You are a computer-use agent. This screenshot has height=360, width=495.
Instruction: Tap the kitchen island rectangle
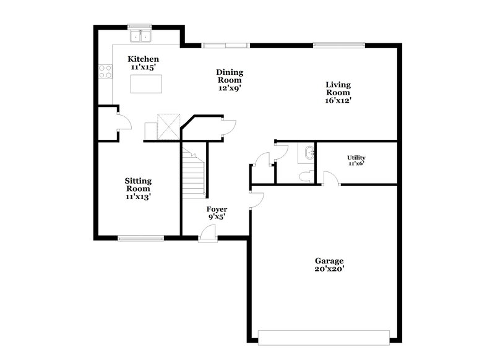tap(147, 84)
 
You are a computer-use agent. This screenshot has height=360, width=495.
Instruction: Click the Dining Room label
tap(229, 80)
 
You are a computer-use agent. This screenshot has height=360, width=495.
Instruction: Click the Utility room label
tap(356, 158)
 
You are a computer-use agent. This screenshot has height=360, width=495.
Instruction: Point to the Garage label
tap(329, 261)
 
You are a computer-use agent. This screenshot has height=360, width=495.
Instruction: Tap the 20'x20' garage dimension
tap(329, 269)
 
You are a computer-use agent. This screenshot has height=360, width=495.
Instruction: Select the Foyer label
tap(217, 209)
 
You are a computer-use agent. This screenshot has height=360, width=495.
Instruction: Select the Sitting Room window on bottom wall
tap(142, 237)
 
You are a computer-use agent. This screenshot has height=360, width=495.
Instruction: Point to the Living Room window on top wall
tap(339, 45)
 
